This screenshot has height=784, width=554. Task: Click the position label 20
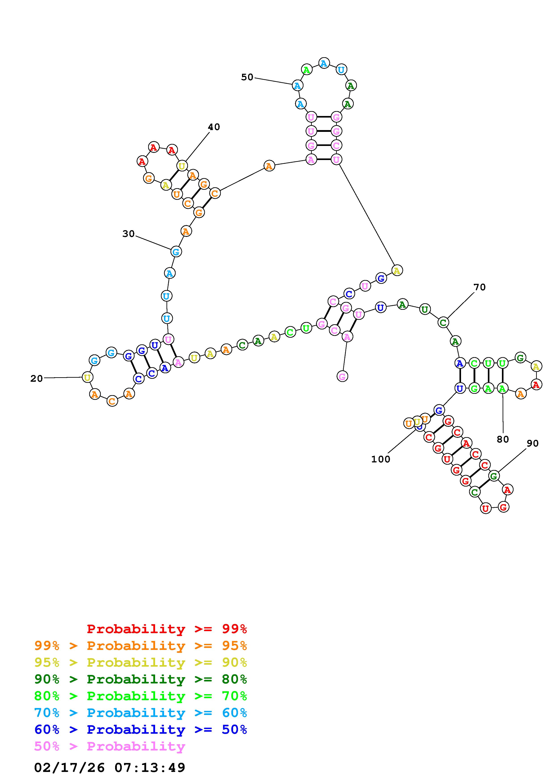point(36,378)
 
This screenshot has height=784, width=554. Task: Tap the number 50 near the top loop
point(247,77)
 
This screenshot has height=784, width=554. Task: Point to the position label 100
point(381,459)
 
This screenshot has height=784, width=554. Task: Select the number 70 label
point(479,287)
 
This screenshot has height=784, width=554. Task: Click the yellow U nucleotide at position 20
point(87,377)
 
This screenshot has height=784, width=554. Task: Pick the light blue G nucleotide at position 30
point(176,252)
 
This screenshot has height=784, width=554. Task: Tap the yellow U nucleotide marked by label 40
point(182,166)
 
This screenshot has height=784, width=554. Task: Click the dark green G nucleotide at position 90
point(494,476)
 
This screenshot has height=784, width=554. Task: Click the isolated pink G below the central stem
point(342,377)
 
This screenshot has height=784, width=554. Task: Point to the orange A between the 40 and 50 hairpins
point(269,166)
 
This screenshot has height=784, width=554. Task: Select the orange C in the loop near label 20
point(112,401)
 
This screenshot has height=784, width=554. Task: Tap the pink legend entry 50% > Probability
point(110,746)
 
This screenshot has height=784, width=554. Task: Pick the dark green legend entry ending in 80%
point(141,679)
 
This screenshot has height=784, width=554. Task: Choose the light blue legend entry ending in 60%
point(141,713)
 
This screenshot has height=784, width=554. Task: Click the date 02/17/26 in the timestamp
point(69,768)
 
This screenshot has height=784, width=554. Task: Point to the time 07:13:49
point(150,768)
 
